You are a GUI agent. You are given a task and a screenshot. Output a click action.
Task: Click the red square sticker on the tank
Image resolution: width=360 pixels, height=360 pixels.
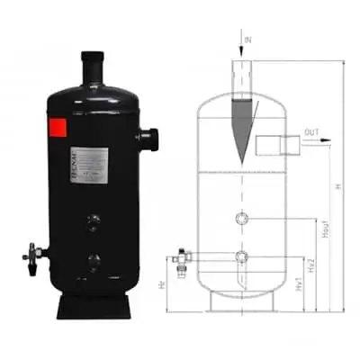pos(58,129)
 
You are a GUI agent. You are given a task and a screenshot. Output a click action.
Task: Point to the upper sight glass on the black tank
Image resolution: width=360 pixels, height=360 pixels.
pos(94,219)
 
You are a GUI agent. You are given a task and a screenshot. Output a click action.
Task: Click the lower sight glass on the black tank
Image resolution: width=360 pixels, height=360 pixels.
pos(94,263)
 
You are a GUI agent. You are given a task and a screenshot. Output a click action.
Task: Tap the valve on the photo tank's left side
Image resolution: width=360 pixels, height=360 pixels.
pos(33,254)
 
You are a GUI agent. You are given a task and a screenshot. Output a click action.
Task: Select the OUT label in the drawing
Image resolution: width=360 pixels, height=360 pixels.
pos(310,132)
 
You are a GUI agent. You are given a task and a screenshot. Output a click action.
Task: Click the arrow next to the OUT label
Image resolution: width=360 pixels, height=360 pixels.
pos(322,140)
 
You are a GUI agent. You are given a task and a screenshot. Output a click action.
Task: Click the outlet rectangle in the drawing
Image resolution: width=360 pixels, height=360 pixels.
pos(271,144)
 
